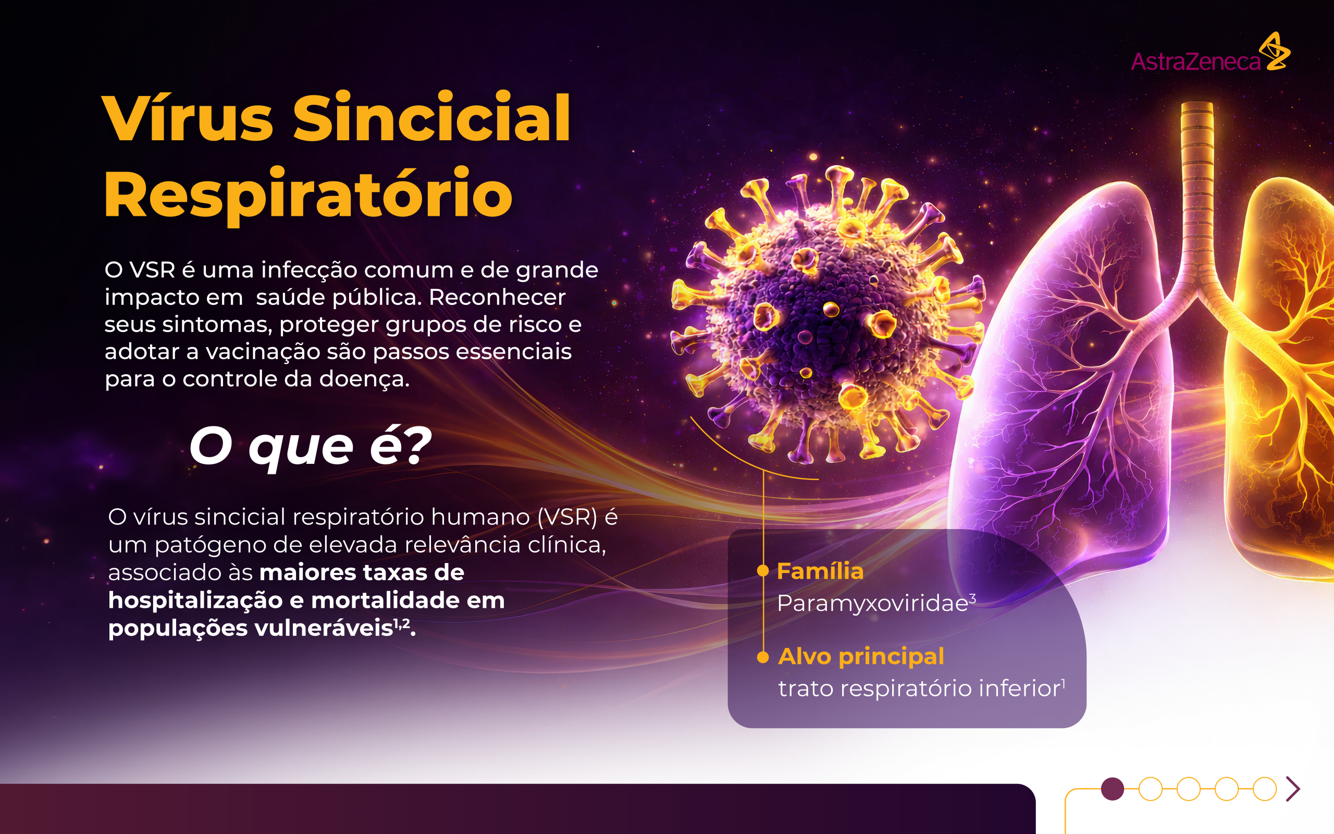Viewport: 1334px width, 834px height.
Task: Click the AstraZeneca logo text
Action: coord(1195,62)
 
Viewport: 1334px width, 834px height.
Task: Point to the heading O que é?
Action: coord(310,446)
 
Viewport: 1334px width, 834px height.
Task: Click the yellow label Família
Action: coord(820,571)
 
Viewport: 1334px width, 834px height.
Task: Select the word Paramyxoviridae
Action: coord(872,603)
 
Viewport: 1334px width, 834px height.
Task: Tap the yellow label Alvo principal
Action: coord(860,656)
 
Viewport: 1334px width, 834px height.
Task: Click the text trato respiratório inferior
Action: coord(919,689)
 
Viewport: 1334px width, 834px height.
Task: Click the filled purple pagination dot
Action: coord(1113,789)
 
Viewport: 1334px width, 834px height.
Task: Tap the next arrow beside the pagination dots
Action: coord(1293,789)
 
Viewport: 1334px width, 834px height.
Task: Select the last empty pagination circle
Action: coord(1265,789)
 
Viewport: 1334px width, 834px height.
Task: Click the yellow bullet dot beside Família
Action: coord(763,571)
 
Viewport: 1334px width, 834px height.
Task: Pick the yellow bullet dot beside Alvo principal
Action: coord(763,657)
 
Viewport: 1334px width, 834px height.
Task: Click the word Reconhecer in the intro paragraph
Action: coord(497,297)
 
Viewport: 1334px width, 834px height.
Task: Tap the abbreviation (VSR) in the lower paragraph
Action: coord(567,517)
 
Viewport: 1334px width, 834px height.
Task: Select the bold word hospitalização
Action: coord(195,600)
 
